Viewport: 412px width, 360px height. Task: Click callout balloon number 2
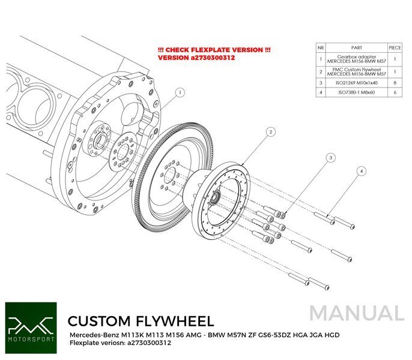271,131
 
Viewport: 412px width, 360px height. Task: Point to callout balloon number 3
330,157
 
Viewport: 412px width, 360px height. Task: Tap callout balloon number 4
362,171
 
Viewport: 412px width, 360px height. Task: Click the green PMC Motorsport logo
30,327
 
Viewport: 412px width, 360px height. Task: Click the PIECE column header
395,47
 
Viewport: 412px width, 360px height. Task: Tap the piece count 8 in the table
395,83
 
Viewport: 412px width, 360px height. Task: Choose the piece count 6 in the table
395,93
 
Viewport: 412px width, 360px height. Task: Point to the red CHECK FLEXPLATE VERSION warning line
214,49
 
